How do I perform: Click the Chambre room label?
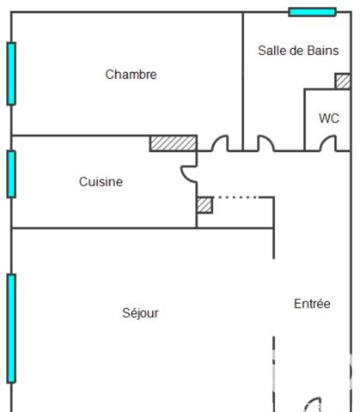point(131,75)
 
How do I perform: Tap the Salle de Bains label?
point(298,51)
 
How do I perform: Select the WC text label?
point(328,118)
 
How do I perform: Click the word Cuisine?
point(101,182)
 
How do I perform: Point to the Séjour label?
point(140,313)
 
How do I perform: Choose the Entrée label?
point(312,304)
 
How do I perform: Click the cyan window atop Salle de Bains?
point(312,12)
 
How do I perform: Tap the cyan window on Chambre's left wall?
point(11,73)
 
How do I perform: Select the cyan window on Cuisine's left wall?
point(11,173)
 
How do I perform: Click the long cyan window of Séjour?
point(11,328)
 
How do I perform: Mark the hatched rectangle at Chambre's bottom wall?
point(173,143)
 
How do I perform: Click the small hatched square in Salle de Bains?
point(342,81)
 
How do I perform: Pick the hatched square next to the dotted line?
point(204,205)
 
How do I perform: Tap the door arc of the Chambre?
point(220,142)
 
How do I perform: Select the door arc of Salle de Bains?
point(265,142)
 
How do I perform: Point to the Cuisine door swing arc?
point(188,173)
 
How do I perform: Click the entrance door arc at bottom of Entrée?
point(313,404)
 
